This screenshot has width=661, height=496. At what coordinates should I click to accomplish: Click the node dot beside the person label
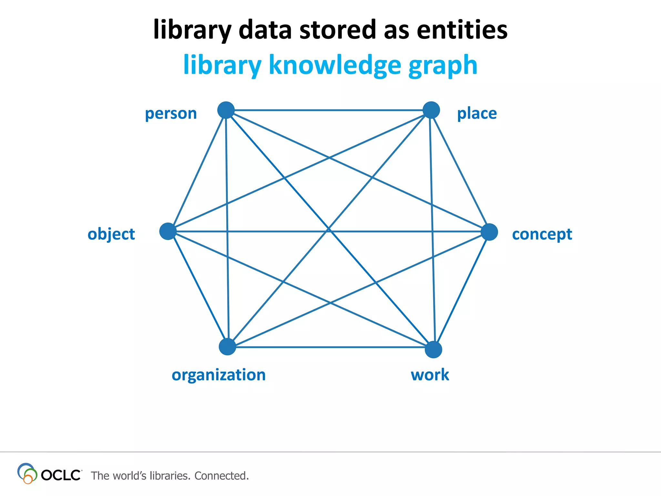226,110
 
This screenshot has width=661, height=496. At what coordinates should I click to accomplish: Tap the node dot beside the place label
431,110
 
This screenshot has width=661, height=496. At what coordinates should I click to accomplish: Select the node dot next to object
168,231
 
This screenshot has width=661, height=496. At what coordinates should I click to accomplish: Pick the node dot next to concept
489,232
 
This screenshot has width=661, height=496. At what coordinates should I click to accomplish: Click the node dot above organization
228,347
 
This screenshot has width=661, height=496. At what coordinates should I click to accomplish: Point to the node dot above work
433,349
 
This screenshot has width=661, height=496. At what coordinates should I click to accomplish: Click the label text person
171,114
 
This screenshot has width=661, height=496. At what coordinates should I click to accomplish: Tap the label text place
477,114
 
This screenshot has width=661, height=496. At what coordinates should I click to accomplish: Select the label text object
111,234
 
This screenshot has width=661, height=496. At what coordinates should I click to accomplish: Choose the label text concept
542,234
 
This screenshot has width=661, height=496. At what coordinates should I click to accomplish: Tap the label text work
430,375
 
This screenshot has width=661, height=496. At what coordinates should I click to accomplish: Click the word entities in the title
462,30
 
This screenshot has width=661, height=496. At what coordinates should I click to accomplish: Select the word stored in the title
338,30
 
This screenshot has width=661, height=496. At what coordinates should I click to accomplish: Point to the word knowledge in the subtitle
335,65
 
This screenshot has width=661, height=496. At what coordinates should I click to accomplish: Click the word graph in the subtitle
442,66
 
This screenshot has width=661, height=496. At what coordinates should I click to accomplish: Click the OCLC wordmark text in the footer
61,475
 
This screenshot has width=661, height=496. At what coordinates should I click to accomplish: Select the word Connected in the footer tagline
221,476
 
